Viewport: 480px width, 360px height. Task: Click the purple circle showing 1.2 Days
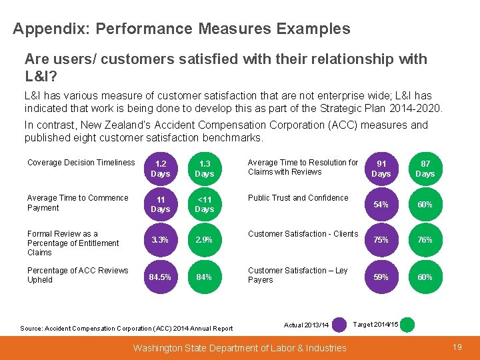[160, 168]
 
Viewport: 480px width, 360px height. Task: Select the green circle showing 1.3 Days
[204, 168]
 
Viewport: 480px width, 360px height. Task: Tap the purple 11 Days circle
[160, 204]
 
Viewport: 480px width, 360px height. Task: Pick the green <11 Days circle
[204, 204]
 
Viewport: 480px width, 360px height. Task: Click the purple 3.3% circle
[160, 239]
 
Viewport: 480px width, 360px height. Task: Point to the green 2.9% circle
[204, 239]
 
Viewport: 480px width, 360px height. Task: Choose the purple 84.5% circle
[160, 277]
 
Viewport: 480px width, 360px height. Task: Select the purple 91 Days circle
[381, 168]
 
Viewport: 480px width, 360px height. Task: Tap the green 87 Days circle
[425, 168]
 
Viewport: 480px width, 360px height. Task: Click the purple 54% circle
[381, 204]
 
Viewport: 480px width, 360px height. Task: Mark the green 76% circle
[425, 239]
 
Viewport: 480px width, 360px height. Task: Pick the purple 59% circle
[381, 277]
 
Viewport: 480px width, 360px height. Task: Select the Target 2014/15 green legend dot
[407, 325]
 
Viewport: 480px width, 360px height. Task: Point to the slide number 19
[457, 347]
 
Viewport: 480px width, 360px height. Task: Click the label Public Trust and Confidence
[298, 198]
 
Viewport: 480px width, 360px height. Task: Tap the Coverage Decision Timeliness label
[81, 163]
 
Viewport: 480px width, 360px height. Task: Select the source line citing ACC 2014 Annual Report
[127, 328]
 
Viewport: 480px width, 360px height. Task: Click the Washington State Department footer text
[240, 347]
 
